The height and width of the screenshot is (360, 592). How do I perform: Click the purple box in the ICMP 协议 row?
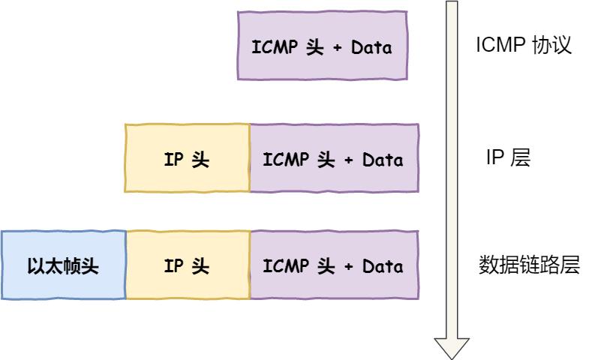click(x=323, y=46)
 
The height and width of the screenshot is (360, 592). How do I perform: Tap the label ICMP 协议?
click(x=524, y=46)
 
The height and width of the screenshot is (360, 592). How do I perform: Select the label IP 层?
click(x=508, y=158)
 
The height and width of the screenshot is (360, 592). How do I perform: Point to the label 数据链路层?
click(x=529, y=265)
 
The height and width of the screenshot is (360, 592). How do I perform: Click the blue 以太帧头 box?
click(x=63, y=266)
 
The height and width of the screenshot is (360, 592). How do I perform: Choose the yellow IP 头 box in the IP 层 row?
click(x=187, y=159)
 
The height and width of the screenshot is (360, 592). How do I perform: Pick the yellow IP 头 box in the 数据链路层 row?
click(x=187, y=266)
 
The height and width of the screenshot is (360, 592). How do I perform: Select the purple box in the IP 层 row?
click(x=334, y=159)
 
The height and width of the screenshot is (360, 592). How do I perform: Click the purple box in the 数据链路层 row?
click(x=334, y=266)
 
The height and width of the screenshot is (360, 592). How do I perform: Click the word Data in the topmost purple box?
click(x=372, y=48)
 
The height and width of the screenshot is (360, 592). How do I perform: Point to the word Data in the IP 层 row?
click(x=383, y=160)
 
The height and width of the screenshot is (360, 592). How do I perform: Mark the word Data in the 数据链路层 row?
click(x=383, y=267)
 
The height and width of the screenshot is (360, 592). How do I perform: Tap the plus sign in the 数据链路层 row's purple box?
click(x=347, y=267)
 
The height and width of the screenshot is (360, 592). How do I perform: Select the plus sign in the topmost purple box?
click(x=337, y=48)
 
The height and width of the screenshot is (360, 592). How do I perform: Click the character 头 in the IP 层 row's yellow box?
click(x=200, y=160)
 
